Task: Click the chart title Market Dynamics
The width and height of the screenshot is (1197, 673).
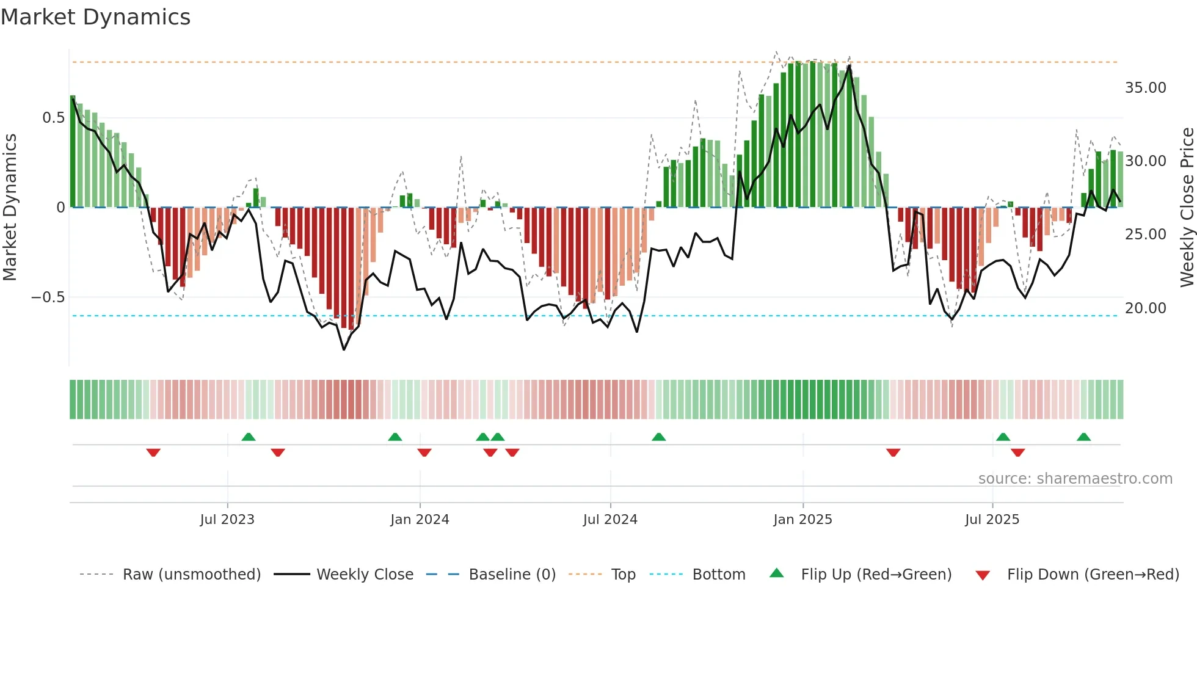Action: (x=95, y=17)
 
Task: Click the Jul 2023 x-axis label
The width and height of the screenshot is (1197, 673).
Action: (x=227, y=520)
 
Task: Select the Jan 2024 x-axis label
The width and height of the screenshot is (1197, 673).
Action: (x=420, y=520)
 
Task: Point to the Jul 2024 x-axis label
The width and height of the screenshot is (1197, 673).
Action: (x=610, y=520)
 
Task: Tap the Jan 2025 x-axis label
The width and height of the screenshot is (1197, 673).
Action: (x=802, y=520)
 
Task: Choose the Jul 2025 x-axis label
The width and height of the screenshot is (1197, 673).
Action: (x=992, y=520)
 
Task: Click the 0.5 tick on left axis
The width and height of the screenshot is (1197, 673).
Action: (x=53, y=118)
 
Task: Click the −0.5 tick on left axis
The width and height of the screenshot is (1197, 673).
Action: (x=48, y=297)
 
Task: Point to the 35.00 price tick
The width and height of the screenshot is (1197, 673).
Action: (x=1146, y=88)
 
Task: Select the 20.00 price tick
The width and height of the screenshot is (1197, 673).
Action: (x=1146, y=308)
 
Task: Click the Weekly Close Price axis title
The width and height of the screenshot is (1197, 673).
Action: (x=1187, y=208)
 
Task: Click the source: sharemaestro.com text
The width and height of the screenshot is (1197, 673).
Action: (x=1075, y=479)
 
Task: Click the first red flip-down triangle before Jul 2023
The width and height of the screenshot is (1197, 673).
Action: (x=153, y=453)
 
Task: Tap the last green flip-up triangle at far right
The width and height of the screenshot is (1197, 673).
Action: (x=1083, y=437)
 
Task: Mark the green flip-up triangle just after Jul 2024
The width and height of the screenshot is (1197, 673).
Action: (x=658, y=437)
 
